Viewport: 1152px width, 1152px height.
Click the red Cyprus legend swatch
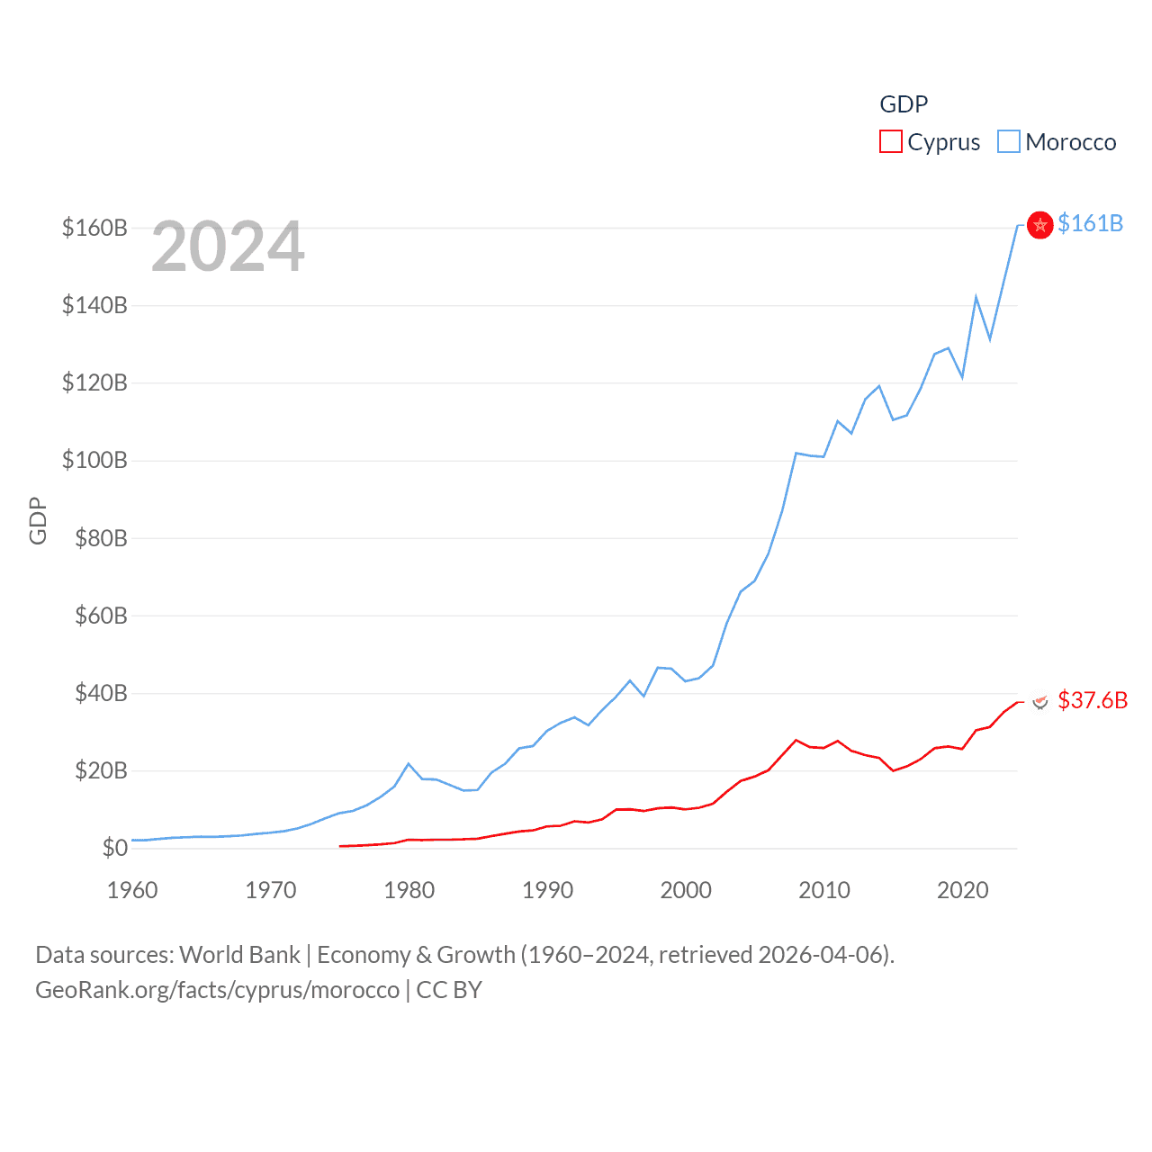click(x=890, y=142)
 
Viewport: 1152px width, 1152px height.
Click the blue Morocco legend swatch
click(x=1008, y=142)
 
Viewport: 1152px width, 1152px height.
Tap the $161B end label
click(x=1090, y=223)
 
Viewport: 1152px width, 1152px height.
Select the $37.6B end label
click(x=1092, y=700)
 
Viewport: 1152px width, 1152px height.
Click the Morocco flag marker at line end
click(x=1039, y=225)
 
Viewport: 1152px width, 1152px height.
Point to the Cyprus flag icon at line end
click(x=1040, y=701)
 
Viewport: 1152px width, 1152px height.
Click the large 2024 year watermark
click(x=228, y=247)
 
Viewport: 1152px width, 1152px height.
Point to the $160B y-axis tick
click(x=94, y=228)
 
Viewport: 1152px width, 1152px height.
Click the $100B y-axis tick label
click(x=94, y=461)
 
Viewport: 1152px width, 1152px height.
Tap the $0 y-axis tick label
click(x=114, y=848)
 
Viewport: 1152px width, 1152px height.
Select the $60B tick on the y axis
click(x=94, y=616)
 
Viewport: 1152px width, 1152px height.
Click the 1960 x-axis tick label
click(x=132, y=890)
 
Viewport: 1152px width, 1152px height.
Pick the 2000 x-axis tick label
click(x=686, y=890)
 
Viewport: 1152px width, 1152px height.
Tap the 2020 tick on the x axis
click(x=962, y=890)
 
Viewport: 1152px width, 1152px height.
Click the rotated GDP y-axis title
click(x=38, y=520)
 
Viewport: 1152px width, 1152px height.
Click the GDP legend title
click(x=903, y=104)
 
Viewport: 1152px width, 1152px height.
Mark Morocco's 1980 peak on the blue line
click(x=409, y=764)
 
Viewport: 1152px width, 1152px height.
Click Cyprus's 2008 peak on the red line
click(x=796, y=741)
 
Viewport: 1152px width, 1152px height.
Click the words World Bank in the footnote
click(x=239, y=954)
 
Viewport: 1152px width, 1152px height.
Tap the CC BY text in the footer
click(x=449, y=990)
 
